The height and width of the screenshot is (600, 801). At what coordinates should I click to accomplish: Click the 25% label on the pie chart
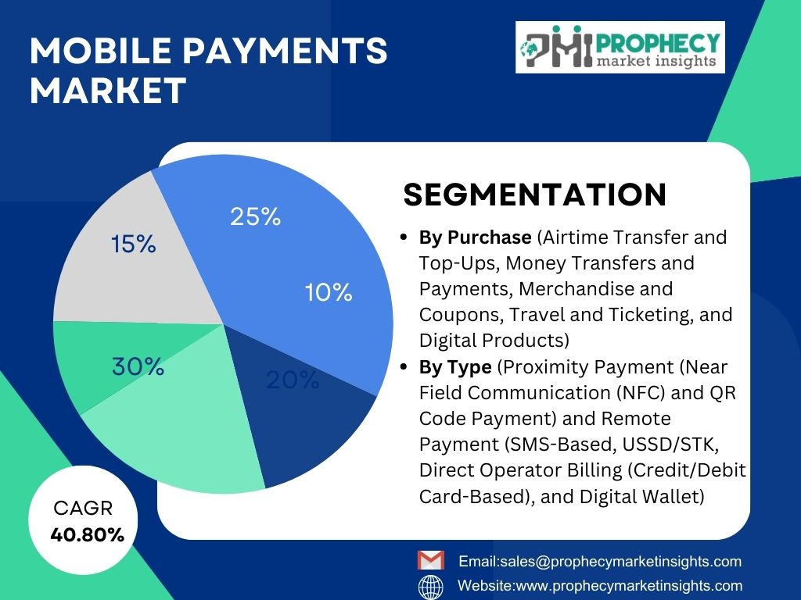point(256,216)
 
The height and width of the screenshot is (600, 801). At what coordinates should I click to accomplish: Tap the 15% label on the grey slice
point(133,244)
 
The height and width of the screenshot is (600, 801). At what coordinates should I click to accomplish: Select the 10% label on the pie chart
point(329,292)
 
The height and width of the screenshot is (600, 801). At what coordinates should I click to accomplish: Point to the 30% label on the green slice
point(138,366)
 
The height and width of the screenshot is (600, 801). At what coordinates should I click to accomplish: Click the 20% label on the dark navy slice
point(293,380)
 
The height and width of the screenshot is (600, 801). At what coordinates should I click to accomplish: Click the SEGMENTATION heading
point(535,195)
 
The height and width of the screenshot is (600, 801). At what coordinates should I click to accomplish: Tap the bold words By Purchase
point(475,237)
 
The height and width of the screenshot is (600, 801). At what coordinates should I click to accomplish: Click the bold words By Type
point(455,367)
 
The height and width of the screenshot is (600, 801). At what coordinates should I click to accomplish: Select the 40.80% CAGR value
point(88,534)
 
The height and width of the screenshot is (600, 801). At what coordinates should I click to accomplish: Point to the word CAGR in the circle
point(83,508)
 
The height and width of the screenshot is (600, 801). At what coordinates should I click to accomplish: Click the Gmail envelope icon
point(431,560)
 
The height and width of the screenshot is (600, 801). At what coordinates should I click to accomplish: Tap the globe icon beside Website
point(431,587)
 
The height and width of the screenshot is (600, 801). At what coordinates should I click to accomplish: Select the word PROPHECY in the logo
point(657,43)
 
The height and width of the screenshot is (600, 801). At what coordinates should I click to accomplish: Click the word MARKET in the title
point(108,91)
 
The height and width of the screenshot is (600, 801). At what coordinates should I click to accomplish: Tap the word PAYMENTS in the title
point(285,51)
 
